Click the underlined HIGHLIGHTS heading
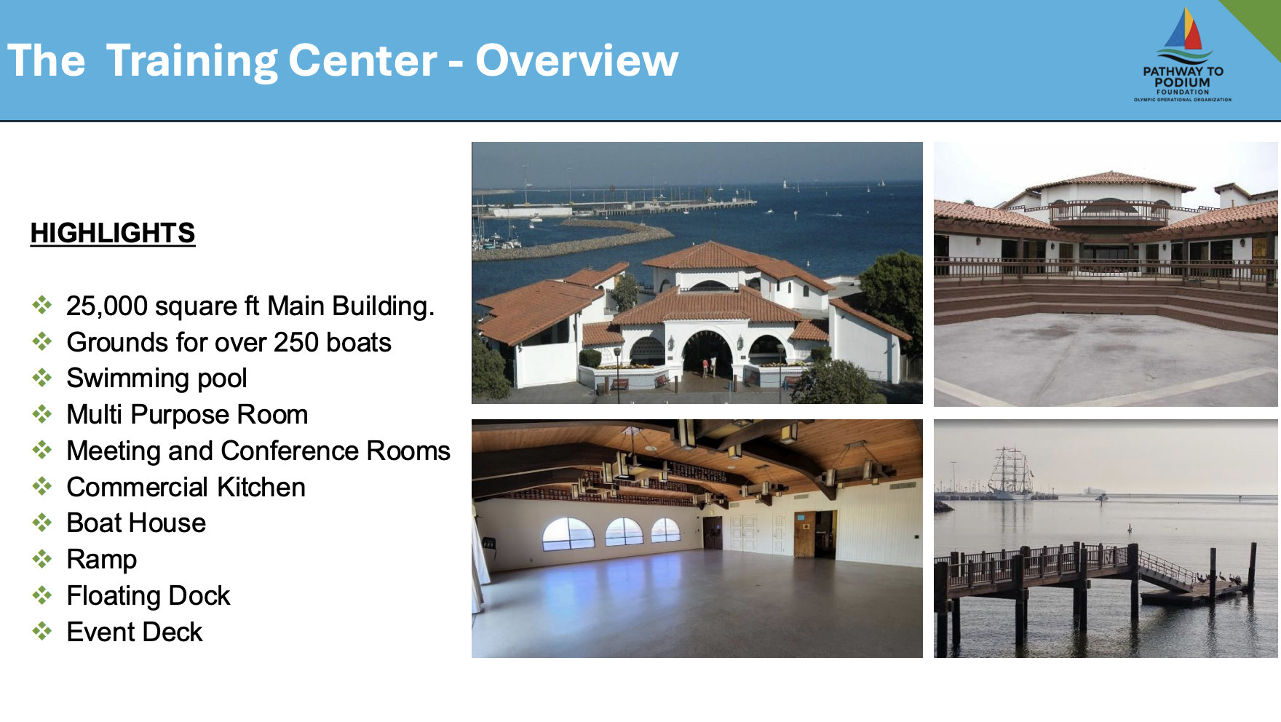click(x=113, y=233)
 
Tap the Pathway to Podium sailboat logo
click(x=1183, y=55)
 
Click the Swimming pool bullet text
click(x=156, y=378)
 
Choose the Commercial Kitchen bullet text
click(x=186, y=487)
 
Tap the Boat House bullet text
click(x=136, y=523)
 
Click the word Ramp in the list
click(x=101, y=560)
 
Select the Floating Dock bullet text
click(x=148, y=595)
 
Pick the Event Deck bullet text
click(x=134, y=632)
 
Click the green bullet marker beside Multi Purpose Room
click(x=42, y=414)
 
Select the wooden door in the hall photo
click(x=804, y=534)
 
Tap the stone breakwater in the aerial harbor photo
click(x=575, y=239)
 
